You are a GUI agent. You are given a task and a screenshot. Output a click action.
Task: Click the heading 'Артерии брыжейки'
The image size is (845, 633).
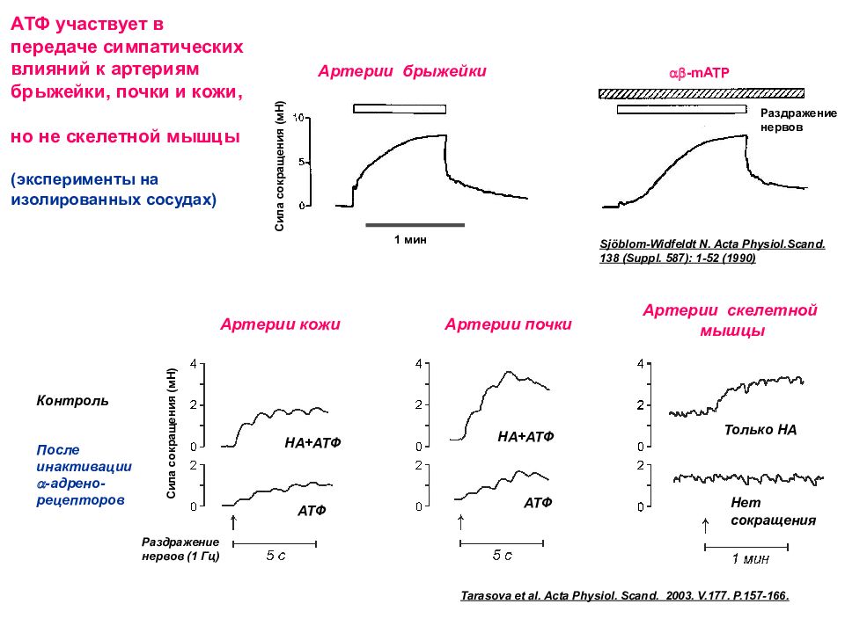point(402,71)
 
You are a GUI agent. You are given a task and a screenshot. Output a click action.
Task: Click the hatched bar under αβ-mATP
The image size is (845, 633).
point(701,92)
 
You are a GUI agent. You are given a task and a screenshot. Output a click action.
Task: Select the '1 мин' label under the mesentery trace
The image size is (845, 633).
point(410,239)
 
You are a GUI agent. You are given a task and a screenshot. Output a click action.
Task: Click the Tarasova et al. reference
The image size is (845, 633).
point(625,595)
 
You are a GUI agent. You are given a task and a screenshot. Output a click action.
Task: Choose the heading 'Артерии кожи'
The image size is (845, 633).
point(280,324)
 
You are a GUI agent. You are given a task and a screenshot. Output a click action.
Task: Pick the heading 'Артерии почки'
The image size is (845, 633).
point(508,324)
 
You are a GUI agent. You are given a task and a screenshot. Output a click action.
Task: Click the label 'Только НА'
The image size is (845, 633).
point(760,430)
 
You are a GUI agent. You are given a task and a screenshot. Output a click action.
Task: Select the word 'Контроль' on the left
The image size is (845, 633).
point(73,401)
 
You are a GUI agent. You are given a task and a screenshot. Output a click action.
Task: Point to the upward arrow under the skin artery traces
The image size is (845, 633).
point(233,522)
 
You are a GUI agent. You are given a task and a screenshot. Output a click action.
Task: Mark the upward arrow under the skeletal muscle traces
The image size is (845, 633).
point(705,525)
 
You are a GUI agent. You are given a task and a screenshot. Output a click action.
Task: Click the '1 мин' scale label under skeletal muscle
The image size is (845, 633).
point(750,557)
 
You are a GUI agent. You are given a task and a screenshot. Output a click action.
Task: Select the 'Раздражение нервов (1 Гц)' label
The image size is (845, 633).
point(180,549)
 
